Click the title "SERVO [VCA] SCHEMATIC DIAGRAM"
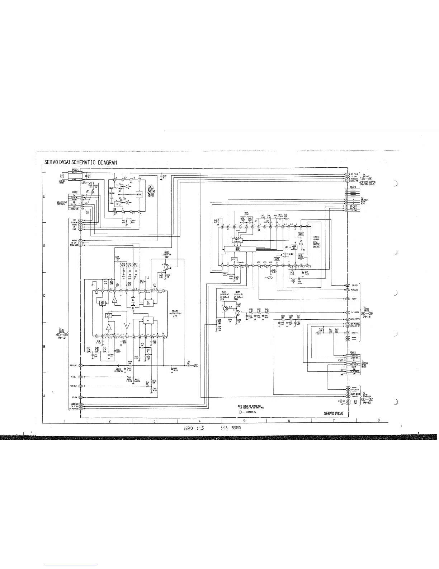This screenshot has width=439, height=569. point(81,162)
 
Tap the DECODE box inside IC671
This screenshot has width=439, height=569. point(139,194)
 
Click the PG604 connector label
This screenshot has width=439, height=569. point(75,170)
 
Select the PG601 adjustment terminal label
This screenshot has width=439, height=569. point(75,192)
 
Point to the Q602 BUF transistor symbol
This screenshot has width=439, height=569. point(167,267)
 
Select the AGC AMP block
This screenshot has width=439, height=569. point(103,303)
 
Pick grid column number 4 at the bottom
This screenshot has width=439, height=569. point(199,421)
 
